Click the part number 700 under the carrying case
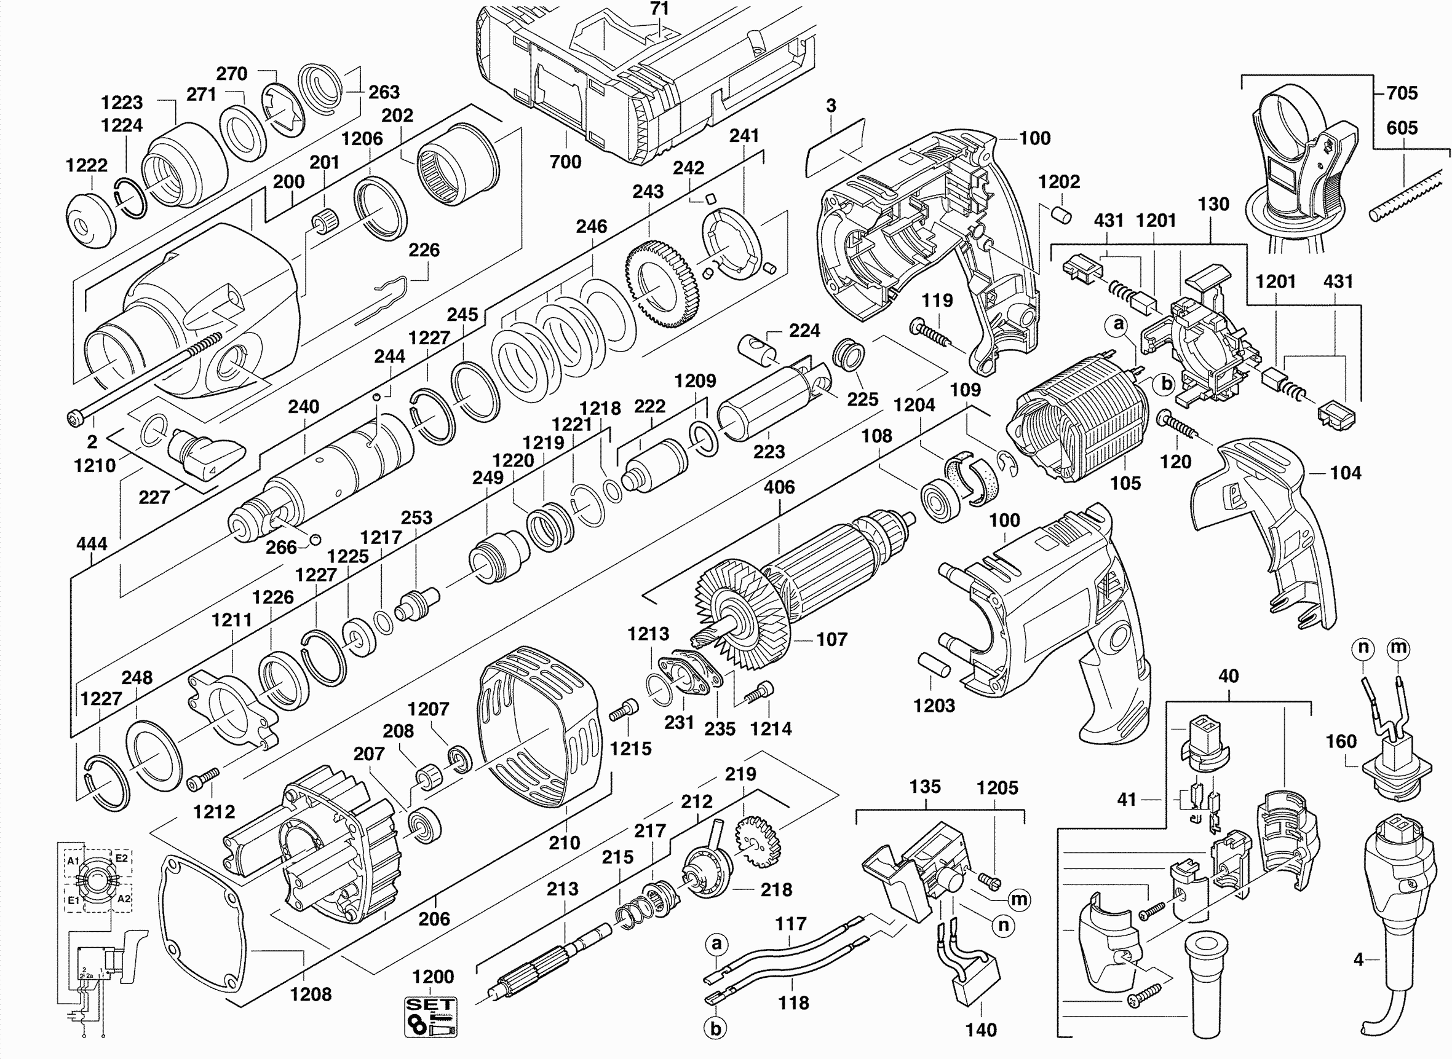[565, 162]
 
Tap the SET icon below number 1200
[430, 1017]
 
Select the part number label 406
[779, 487]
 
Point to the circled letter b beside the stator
[1167, 384]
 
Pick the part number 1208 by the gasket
[311, 994]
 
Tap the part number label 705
[1402, 93]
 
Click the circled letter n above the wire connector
[1363, 648]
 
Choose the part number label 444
[92, 544]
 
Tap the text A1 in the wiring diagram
[73, 861]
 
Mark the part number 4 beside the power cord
[1359, 959]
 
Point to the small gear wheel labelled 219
[758, 841]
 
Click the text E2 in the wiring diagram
[121, 858]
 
